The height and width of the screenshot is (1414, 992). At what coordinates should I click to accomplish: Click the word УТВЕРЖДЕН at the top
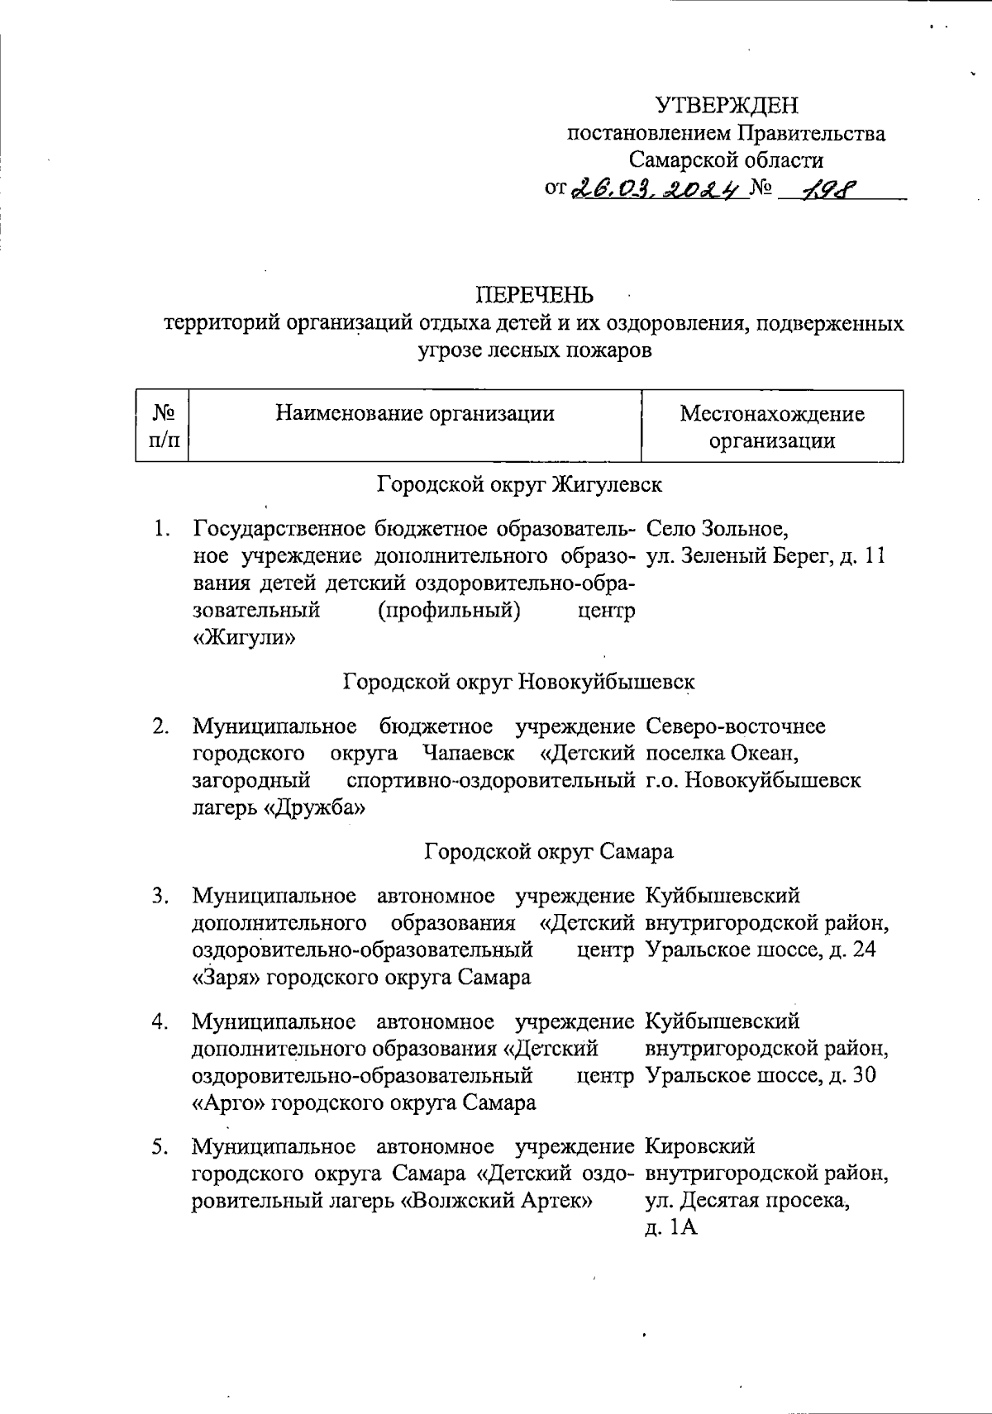[728, 105]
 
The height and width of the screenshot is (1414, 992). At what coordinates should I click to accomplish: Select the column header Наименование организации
[414, 412]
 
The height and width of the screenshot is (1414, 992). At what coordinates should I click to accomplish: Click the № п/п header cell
[163, 426]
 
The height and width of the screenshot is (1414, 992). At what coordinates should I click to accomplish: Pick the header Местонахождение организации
[771, 426]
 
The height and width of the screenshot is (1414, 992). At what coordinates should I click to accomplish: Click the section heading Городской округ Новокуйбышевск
[518, 682]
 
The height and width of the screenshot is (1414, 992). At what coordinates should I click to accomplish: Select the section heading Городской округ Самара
[549, 851]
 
